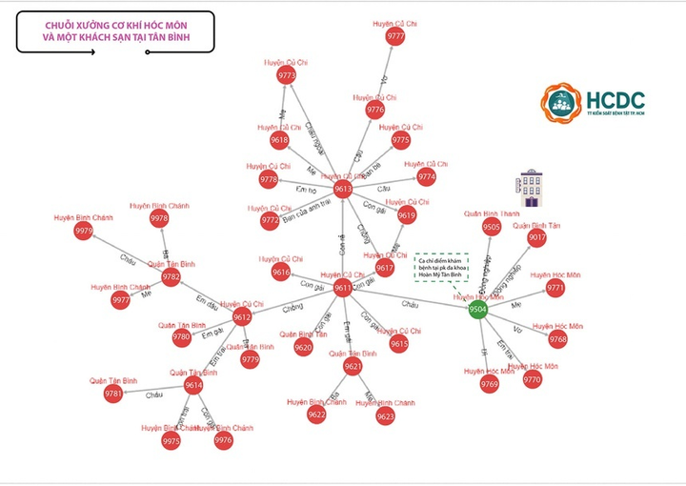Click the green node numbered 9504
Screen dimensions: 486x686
(478, 309)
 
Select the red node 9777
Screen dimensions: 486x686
(395, 36)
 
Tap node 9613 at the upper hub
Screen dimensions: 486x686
(342, 189)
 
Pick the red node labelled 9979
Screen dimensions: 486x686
(84, 231)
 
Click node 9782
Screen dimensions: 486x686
(171, 277)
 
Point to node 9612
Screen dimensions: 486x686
(242, 317)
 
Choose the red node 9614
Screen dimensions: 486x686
(193, 385)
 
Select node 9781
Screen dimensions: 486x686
(113, 394)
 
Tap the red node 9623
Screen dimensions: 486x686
(385, 415)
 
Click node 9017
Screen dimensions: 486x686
(537, 237)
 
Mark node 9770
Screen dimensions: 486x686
(532, 379)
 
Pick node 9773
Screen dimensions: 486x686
(287, 74)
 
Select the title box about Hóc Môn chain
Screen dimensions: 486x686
(114, 31)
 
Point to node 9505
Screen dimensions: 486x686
(492, 227)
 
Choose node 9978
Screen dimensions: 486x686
(159, 218)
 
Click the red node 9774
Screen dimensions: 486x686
(426, 176)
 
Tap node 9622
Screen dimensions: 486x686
(316, 415)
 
